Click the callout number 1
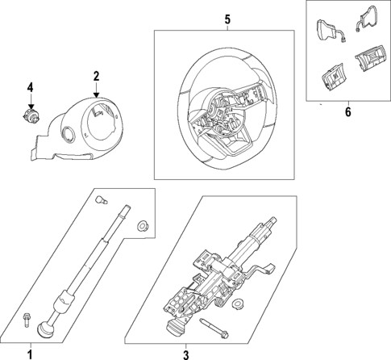pos(30,354)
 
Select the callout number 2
pos(96,77)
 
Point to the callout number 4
pos(30,86)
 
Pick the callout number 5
pos(227,19)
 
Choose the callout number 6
pos(347,111)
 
